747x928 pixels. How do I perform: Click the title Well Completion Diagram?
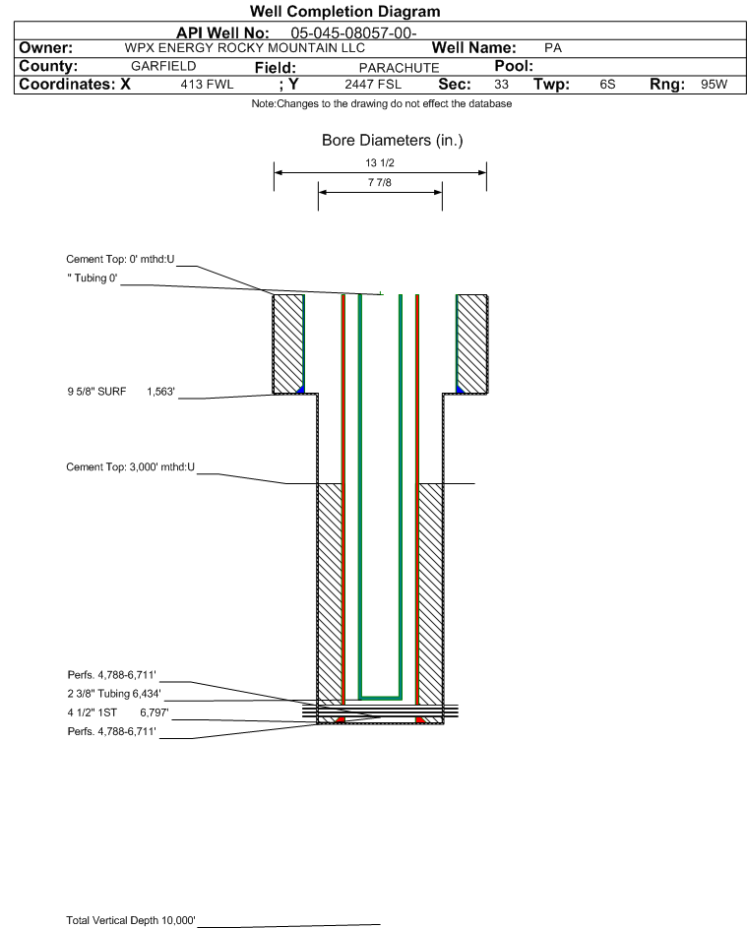[345, 12]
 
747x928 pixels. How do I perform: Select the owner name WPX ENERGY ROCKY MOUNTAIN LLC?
[245, 48]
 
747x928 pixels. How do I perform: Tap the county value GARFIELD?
[163, 66]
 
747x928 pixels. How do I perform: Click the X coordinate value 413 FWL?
[207, 85]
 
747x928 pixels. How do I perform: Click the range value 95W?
[714, 85]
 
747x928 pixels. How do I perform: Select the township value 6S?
[607, 85]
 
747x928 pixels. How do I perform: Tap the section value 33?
[501, 85]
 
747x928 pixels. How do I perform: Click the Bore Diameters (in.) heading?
[392, 141]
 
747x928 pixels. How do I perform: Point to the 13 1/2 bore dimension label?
[380, 162]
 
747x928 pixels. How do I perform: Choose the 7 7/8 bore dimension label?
[380, 183]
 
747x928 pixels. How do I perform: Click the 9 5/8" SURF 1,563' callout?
[120, 392]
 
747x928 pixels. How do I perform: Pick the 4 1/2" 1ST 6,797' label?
[113, 711]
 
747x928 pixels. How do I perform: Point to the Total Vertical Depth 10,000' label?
[131, 920]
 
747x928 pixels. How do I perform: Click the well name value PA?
[552, 48]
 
